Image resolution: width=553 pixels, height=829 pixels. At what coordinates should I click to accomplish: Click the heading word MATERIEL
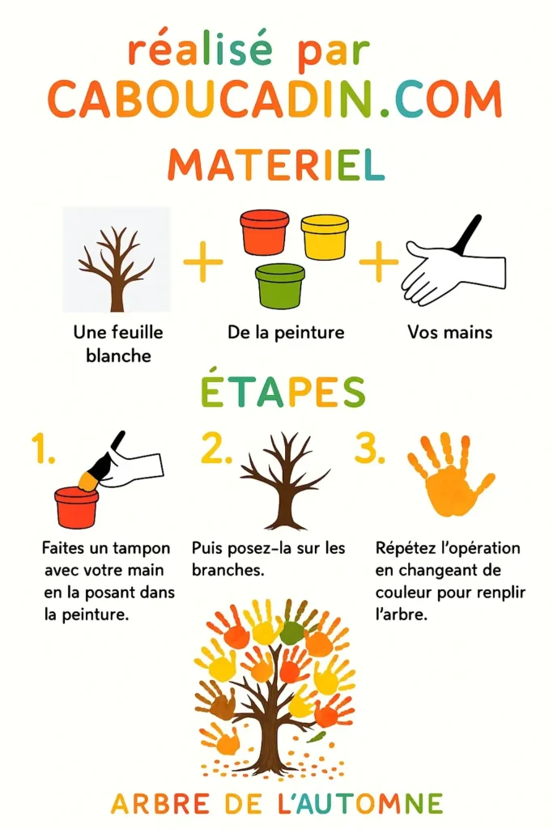tap(276, 165)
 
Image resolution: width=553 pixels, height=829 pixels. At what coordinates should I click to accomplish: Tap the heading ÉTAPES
tap(281, 393)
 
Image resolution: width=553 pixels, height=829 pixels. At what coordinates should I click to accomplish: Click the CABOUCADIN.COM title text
tap(275, 100)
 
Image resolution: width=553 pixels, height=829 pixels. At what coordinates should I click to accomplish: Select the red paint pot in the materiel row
tap(264, 232)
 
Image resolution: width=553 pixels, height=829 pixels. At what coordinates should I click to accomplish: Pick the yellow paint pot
tap(324, 236)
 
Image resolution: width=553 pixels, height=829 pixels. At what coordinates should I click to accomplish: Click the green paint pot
tap(280, 286)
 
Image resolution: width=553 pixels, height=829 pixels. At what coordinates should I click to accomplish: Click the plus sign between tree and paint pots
tap(202, 264)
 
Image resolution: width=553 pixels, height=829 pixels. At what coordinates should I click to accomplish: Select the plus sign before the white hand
tap(378, 264)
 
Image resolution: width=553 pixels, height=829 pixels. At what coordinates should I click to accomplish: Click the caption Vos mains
tap(449, 333)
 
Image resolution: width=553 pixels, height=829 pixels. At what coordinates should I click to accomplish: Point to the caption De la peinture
tap(286, 333)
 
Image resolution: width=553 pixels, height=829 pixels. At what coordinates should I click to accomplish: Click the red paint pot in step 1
tap(77, 507)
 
